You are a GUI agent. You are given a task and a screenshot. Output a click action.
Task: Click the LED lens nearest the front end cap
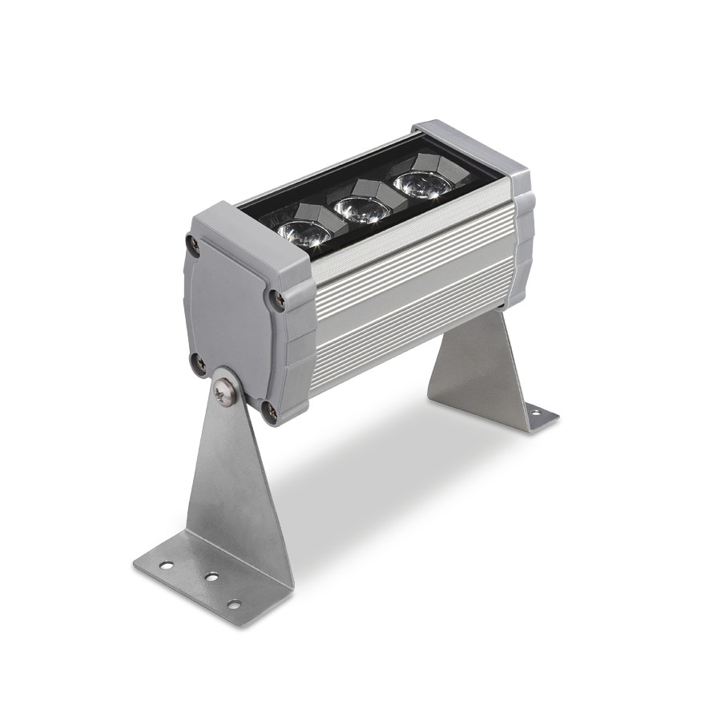tap(304, 232)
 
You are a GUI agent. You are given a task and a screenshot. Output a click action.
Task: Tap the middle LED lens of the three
tap(361, 209)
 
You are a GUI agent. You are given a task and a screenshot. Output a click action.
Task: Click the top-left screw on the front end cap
tap(192, 241)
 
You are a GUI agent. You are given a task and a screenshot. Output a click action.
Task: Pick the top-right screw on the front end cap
tap(277, 300)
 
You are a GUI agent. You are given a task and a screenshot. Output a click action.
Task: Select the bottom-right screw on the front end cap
tap(271, 412)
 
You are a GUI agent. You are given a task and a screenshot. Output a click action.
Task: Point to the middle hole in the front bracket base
tap(211, 576)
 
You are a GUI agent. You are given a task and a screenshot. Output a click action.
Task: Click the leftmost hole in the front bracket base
tap(166, 566)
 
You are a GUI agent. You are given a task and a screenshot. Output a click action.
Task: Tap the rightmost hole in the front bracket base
tap(233, 604)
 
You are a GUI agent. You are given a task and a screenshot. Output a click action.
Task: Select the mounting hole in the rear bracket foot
tap(534, 413)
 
